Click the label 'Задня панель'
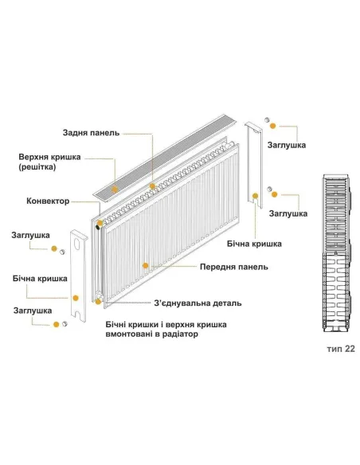coord(91,132)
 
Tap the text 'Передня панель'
coord(233,267)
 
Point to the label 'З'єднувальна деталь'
coord(197,303)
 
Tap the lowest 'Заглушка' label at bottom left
coord(33,310)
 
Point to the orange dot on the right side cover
coord(256,193)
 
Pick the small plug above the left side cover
coord(62,252)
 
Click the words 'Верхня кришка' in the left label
coord(49,158)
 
